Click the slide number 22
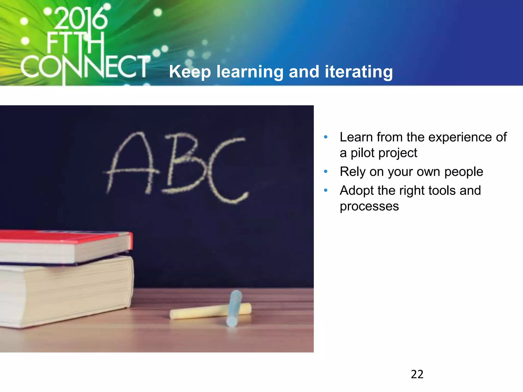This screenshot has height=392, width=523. pos(417,374)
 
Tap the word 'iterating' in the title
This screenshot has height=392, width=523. pos(359,72)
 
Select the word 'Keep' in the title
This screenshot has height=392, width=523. pos(190,72)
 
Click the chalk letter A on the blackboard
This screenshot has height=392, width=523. pos(132,163)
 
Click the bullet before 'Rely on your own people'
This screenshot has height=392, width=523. pos(326,171)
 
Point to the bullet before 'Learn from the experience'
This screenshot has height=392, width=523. pos(326,137)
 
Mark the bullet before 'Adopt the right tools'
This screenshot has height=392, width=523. pos(326,190)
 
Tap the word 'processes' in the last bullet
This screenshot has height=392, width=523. pos(369,206)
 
